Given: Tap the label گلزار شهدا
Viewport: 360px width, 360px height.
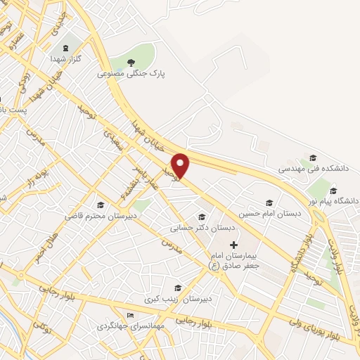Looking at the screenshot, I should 68,60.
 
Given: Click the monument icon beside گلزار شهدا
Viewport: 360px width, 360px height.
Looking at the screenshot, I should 66,48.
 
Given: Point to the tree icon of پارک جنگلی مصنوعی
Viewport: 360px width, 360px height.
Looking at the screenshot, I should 130,62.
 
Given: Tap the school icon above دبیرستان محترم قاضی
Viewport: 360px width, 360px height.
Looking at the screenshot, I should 101,205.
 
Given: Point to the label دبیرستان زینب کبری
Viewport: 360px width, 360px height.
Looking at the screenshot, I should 174,299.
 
